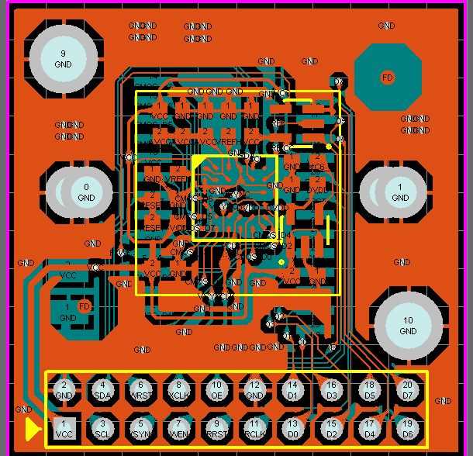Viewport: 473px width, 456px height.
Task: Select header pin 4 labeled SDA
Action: pos(102,390)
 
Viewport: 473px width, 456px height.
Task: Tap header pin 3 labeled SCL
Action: pos(102,429)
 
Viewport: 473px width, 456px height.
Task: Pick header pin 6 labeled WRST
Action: pos(140,390)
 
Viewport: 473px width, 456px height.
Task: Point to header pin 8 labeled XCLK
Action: pos(178,390)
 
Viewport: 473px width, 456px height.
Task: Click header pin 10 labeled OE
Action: pos(216,390)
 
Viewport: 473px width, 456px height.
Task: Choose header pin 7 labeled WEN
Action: pos(178,429)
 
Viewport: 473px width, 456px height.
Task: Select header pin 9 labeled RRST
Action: pos(216,429)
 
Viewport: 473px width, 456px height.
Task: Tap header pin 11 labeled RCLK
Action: pos(254,429)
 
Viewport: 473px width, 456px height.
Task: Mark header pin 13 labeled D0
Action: pos(292,429)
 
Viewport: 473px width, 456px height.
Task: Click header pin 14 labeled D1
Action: pos(292,390)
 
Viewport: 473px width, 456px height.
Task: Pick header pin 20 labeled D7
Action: pos(407,390)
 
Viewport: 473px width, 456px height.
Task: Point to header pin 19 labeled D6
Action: pos(407,429)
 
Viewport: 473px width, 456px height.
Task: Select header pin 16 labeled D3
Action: pos(331,390)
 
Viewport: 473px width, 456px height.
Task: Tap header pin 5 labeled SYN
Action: pos(140,429)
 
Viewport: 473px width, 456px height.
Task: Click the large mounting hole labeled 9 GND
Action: pos(63,58)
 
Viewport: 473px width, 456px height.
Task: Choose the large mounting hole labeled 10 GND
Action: pos(408,326)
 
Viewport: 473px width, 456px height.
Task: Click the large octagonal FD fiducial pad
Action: pos(387,77)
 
